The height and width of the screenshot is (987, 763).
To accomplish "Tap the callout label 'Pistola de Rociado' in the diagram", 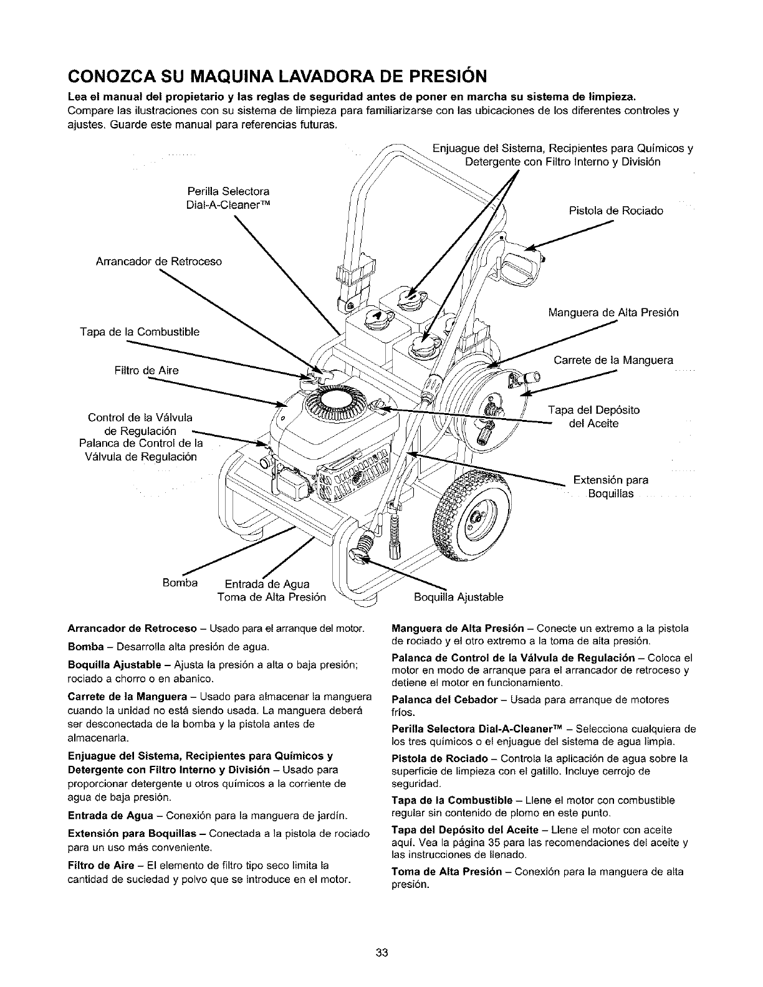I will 616,211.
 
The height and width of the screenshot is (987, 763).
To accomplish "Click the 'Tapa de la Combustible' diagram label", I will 140,331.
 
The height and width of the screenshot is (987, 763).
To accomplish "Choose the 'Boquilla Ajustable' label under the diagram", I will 458,598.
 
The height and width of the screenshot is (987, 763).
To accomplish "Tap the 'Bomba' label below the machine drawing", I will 180,583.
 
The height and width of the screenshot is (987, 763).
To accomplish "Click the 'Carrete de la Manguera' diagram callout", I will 613,360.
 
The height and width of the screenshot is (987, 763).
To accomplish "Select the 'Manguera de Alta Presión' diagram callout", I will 613,312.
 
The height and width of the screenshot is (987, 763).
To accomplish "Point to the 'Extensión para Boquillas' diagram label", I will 611,487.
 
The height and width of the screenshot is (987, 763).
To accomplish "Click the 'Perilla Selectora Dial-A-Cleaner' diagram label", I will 228,197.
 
